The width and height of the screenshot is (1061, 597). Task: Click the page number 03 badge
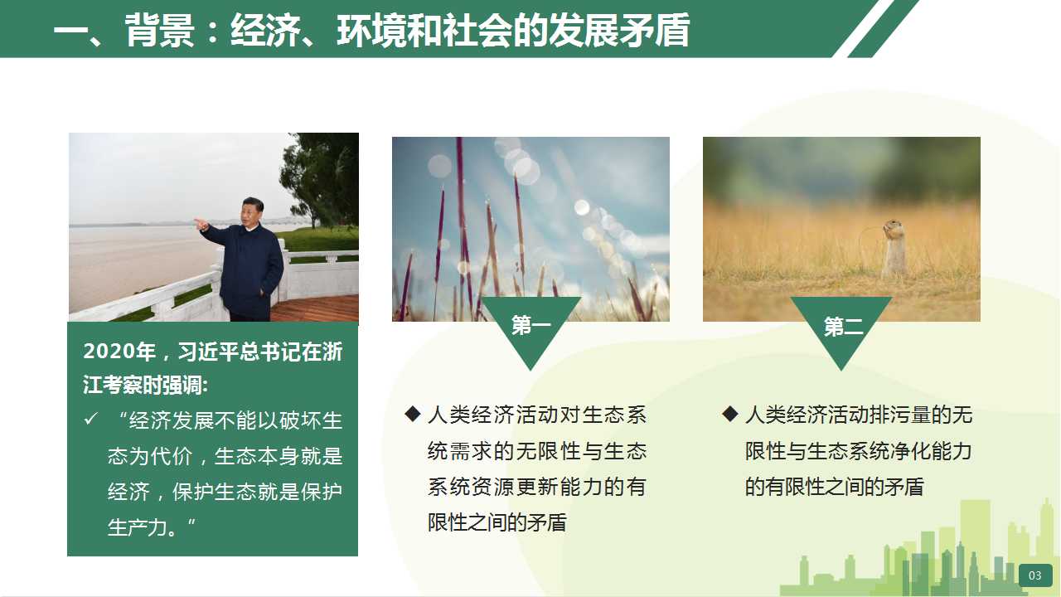[x=1035, y=575]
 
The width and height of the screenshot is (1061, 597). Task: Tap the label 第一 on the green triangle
[x=531, y=326]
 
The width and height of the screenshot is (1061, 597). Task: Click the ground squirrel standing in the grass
[x=894, y=247]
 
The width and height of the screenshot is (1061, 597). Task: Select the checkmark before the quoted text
[x=90, y=419]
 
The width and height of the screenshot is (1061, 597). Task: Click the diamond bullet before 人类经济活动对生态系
[x=413, y=414]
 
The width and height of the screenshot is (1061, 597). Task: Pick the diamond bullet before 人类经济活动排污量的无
[x=730, y=414]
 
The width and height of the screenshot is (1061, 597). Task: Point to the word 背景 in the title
[x=160, y=31]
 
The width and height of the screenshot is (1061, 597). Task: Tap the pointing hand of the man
[x=201, y=224]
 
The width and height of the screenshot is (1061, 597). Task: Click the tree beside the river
[x=321, y=179]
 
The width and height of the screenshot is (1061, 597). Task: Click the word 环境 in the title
[x=371, y=31]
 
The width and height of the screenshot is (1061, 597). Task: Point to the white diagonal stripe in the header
[x=857, y=28]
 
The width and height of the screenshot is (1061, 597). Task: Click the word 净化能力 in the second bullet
[x=928, y=450]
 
